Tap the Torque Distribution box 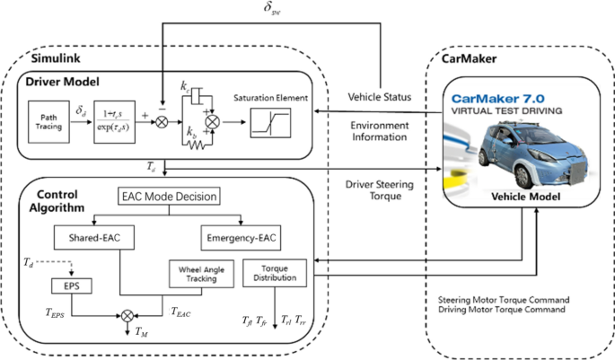[x=278, y=273]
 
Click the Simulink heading [x=57, y=57]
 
